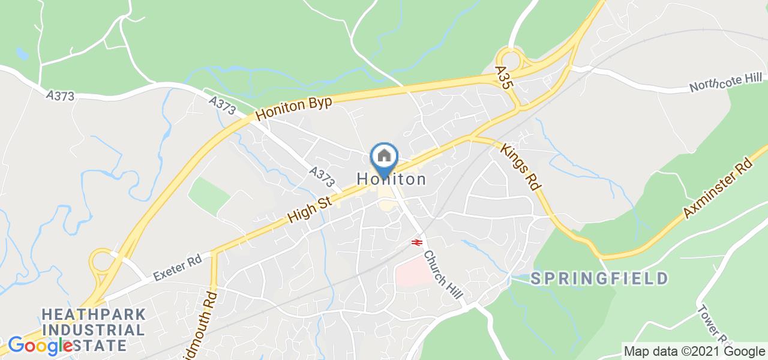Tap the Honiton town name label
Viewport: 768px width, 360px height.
(x=392, y=179)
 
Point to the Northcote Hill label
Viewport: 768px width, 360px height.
(x=725, y=83)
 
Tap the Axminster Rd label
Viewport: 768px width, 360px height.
(x=718, y=188)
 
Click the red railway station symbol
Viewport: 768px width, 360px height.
(x=415, y=242)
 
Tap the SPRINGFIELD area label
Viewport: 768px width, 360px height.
(x=599, y=278)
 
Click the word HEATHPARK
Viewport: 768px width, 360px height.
(x=94, y=314)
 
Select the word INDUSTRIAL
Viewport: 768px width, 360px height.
(x=93, y=330)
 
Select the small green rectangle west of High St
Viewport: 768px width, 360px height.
(x=208, y=195)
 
